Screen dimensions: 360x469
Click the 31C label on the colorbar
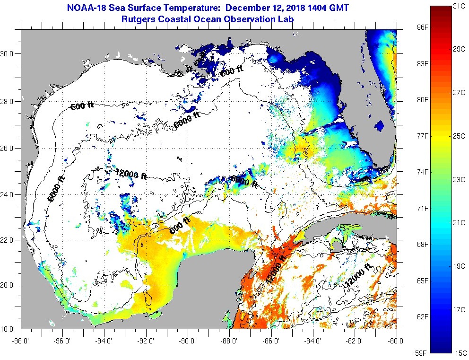pyautogui.click(x=459, y=7)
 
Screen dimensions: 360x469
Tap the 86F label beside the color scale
pyautogui.click(x=422, y=27)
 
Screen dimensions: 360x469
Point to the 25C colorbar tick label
pyautogui.click(x=459, y=136)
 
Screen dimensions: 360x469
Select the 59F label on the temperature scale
pyautogui.click(x=422, y=352)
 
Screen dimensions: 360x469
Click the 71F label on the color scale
pyautogui.click(x=422, y=208)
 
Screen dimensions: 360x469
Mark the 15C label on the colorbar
pyautogui.click(x=459, y=352)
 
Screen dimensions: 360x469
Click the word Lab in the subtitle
pyautogui.click(x=287, y=19)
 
